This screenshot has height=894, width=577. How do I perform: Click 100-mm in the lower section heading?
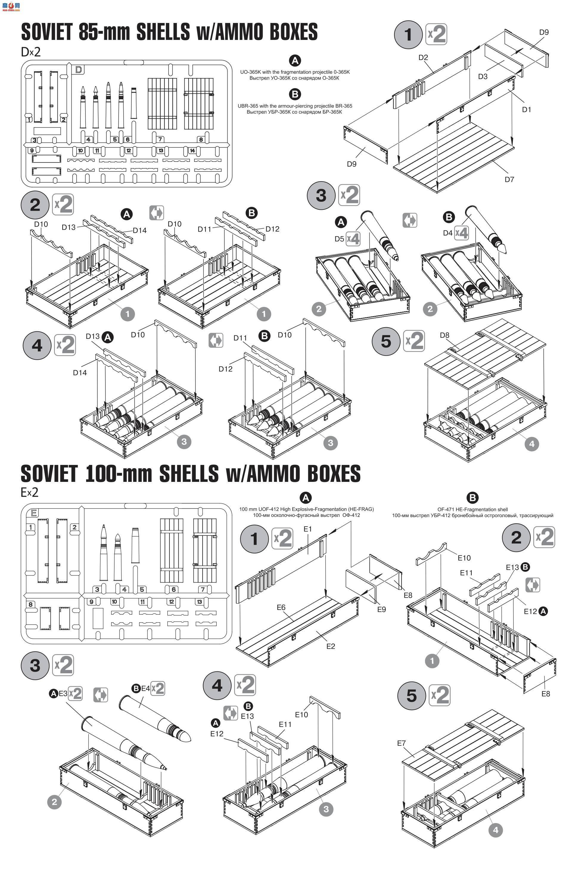tap(118, 474)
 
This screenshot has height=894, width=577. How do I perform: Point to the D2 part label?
tap(423, 57)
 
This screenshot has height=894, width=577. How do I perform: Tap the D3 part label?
tap(483, 77)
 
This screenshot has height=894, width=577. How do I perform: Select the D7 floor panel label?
tap(509, 180)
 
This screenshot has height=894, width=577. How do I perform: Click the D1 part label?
tap(526, 109)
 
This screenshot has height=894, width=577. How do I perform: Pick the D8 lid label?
tap(444, 335)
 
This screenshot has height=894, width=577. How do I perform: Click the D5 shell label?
tap(339, 239)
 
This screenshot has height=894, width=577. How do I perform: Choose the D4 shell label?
tap(448, 233)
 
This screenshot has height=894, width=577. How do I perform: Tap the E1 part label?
tap(308, 529)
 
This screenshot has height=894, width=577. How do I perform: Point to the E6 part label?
tap(281, 607)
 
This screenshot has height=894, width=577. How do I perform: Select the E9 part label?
tap(381, 609)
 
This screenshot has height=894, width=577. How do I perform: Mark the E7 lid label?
tap(401, 743)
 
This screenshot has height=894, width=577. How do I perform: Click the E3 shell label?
tap(63, 693)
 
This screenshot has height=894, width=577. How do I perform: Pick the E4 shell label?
tap(145, 689)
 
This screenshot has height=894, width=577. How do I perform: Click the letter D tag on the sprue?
tap(79, 69)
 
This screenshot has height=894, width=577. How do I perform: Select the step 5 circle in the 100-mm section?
tap(411, 696)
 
